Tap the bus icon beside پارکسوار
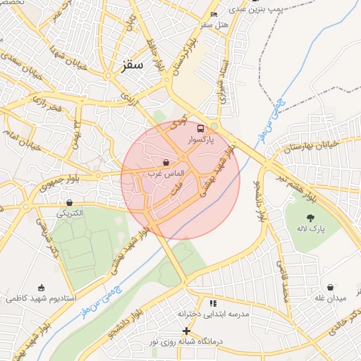pyautogui.click(x=201, y=129)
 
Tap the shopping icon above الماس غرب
pyautogui.click(x=166, y=162)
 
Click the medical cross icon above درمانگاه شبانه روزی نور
pyautogui.click(x=186, y=331)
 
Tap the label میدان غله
pyautogui.click(x=331, y=298)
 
